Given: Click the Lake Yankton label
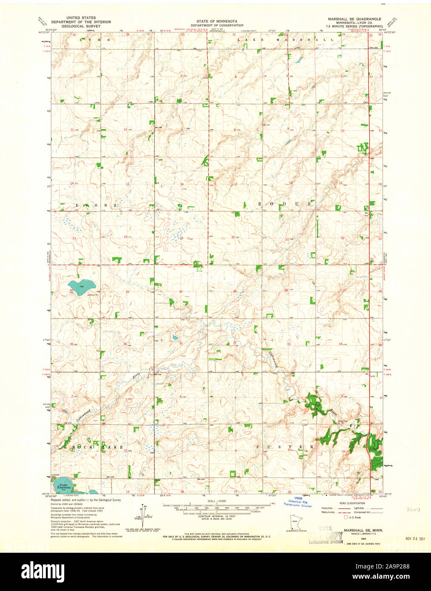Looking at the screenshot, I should (x=63, y=486).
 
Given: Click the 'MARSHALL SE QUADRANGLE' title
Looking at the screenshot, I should (x=351, y=19).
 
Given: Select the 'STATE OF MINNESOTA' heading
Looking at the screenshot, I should (x=217, y=21).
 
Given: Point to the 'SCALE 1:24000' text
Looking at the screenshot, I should (x=217, y=502).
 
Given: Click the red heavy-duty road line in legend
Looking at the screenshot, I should (x=343, y=508).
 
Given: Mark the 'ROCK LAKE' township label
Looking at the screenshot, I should (x=97, y=447).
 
